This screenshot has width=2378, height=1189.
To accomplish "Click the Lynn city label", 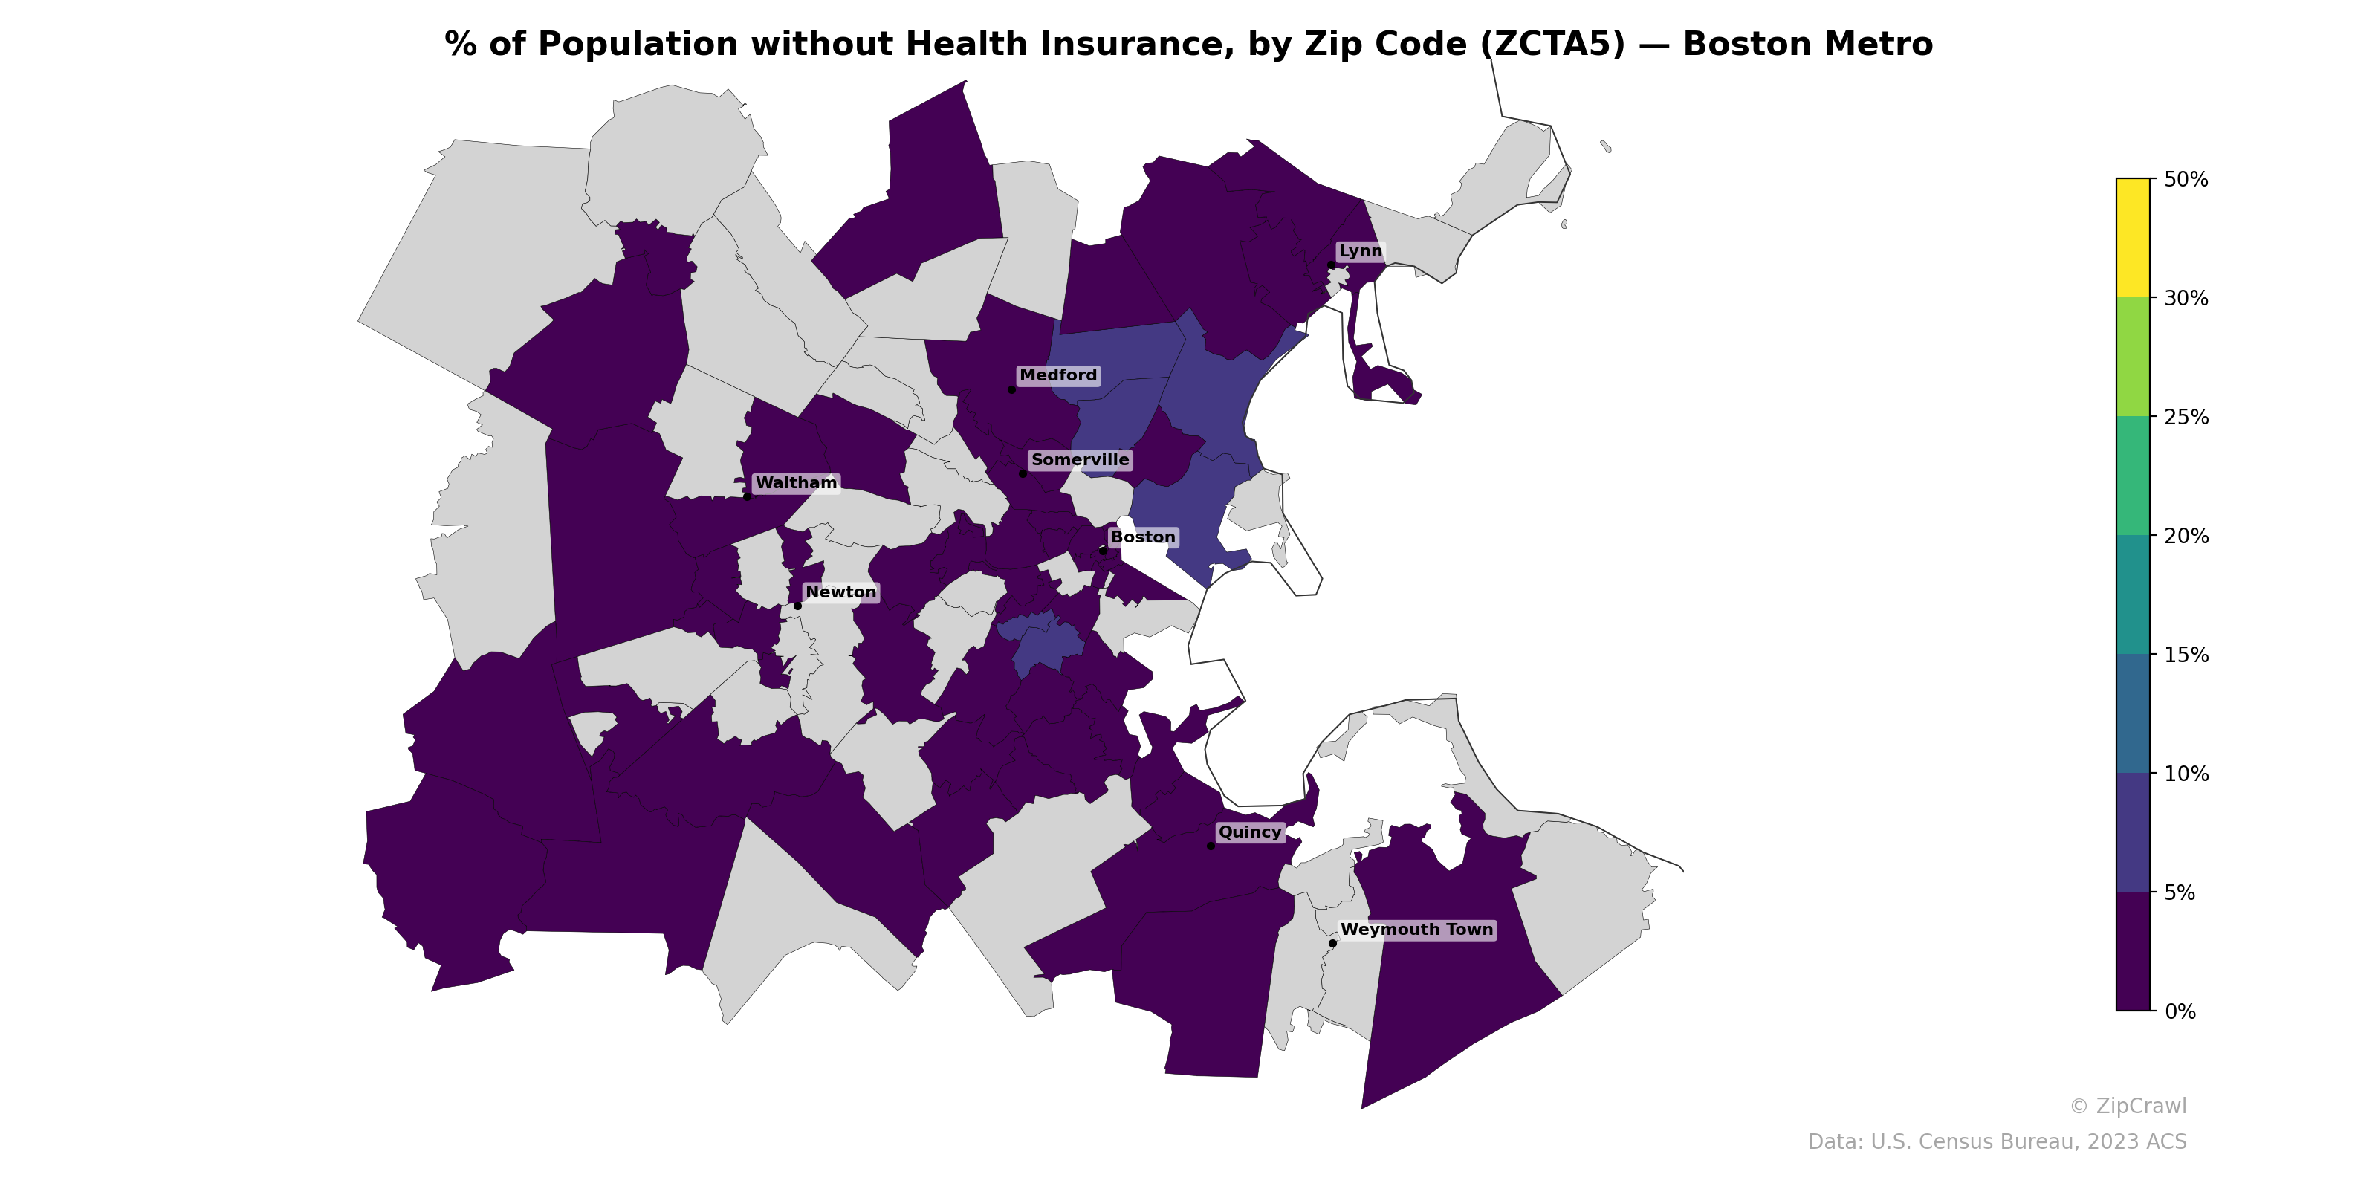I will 1360,251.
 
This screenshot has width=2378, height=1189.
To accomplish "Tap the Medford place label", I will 1058,375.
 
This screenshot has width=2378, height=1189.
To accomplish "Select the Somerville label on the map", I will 1079,460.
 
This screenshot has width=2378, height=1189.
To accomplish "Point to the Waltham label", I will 796,483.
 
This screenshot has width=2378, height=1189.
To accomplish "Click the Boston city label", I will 1143,537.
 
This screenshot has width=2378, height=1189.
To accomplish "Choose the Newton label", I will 840,592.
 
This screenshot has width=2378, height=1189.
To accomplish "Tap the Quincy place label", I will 1249,832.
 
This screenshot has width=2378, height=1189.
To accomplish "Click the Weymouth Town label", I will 1416,930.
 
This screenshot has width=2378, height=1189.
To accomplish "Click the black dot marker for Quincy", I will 1211,846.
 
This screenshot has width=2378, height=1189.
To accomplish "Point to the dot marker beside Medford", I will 1011,389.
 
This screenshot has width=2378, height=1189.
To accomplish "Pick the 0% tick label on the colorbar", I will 2180,1011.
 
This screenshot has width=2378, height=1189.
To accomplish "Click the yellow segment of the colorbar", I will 2133,237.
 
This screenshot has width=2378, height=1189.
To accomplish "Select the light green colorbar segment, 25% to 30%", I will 2133,357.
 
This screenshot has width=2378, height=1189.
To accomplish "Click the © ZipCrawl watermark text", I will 2127,1106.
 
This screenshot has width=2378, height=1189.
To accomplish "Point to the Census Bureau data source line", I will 1996,1142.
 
